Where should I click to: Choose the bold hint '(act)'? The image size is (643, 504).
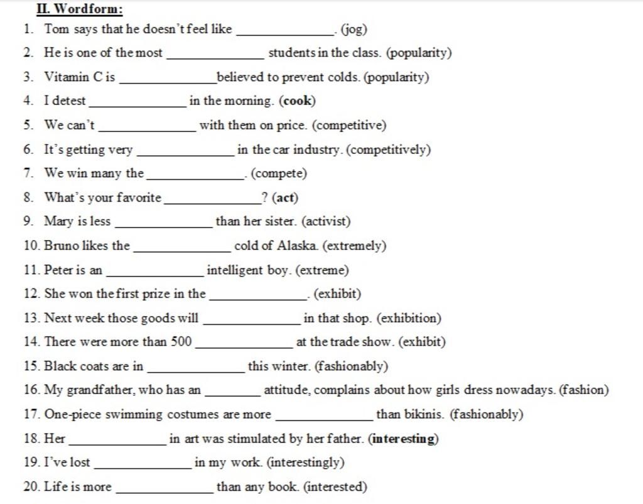coord(285,198)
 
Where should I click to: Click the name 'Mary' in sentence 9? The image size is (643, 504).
coord(58,222)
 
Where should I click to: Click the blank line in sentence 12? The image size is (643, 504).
coord(259,298)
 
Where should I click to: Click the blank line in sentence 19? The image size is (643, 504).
coord(143,467)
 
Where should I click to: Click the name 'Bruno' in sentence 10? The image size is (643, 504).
coord(62,246)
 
